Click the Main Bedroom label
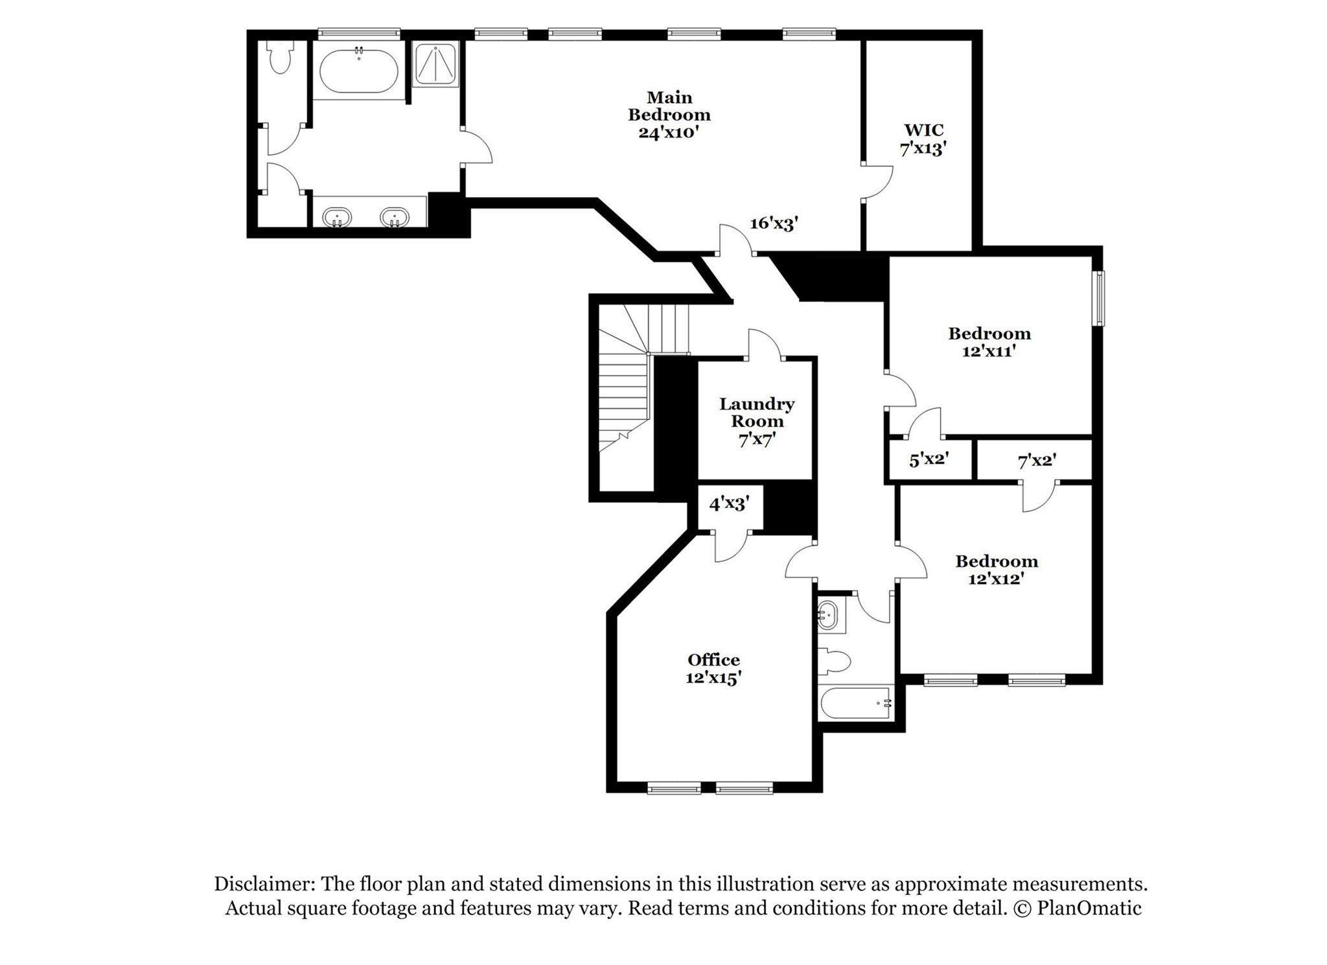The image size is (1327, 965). click(669, 115)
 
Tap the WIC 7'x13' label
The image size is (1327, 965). click(923, 139)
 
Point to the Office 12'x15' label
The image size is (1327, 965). click(713, 669)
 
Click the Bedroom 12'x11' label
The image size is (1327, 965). click(989, 342)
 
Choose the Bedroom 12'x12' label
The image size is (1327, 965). click(997, 570)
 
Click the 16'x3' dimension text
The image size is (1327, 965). click(774, 224)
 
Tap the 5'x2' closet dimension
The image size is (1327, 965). click(929, 460)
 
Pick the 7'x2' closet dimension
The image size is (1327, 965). click(1037, 461)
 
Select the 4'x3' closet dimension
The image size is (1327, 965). click(729, 503)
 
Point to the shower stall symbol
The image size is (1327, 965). click(436, 64)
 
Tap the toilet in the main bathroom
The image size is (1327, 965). click(281, 58)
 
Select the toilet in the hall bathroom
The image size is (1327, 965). click(835, 662)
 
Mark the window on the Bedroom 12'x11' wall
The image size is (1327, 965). click(1099, 298)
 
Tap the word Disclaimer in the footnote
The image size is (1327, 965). click(264, 884)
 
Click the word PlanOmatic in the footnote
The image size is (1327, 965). click(1089, 908)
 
